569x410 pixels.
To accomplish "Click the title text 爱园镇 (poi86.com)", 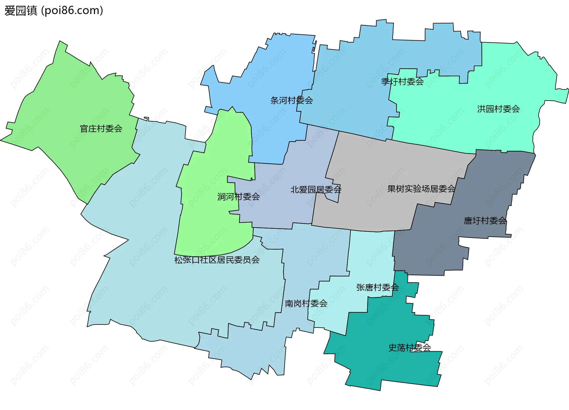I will (x=54, y=10).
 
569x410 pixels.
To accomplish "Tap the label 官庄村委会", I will (x=101, y=129).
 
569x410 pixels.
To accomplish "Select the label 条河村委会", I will (x=292, y=101).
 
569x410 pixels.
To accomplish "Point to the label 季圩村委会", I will (x=402, y=82).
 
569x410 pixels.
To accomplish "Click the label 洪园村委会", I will (x=498, y=109).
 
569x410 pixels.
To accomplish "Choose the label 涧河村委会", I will (x=239, y=197).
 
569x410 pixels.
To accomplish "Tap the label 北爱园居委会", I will (x=316, y=190).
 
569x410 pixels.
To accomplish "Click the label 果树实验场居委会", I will (x=421, y=189).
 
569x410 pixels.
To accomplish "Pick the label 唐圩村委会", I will (x=485, y=221).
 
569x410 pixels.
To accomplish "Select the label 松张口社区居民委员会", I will (x=217, y=260).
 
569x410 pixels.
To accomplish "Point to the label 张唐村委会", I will (x=378, y=287).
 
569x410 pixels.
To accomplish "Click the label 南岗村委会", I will (x=306, y=303).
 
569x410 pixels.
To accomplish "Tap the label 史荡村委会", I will (x=410, y=348).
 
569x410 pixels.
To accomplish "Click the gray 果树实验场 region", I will (x=385, y=166).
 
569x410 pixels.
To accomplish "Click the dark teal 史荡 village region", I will (x=385, y=365).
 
